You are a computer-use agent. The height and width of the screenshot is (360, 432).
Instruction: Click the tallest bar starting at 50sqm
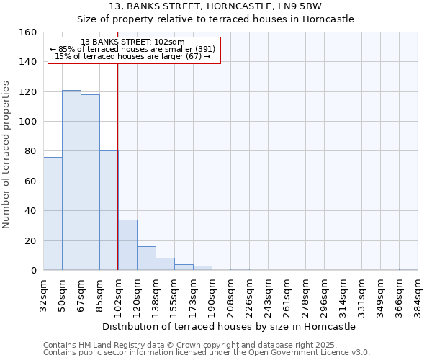coord(71,180)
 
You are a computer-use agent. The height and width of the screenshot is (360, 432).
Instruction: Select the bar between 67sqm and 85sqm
coord(90,182)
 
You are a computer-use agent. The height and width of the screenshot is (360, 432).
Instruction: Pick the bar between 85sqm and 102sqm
coord(109,210)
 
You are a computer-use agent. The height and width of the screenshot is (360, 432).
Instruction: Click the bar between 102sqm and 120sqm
coord(127,245)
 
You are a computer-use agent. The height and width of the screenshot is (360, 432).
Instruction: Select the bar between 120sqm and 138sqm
coord(146,258)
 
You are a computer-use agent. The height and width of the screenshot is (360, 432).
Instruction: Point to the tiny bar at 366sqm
coord(408,269)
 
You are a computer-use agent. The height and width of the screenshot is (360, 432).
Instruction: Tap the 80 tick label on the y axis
coord(30,151)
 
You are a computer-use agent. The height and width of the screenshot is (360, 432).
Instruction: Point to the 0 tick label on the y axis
coord(33,271)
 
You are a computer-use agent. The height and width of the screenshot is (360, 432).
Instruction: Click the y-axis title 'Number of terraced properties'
coord(6,156)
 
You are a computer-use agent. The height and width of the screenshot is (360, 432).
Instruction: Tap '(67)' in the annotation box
coord(194,56)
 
